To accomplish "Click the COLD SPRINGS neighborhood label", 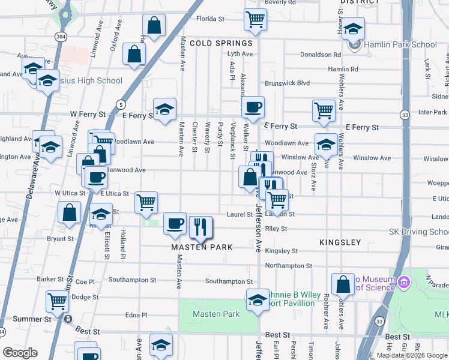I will pos(221,44).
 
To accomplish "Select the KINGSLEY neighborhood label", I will pos(340,242).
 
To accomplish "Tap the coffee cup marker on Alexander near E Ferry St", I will pos(253,107).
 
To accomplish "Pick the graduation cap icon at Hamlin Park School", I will pos(354,29).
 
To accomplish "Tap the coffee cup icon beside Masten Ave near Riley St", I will pos(175,223).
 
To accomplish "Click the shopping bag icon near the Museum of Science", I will pos(343,284).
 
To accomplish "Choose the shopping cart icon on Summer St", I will pos(57,301).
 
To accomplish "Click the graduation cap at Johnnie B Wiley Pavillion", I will pos(258,299).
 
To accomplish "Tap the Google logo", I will pos(20,353).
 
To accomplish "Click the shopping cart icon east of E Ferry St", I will pos(324,110).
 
